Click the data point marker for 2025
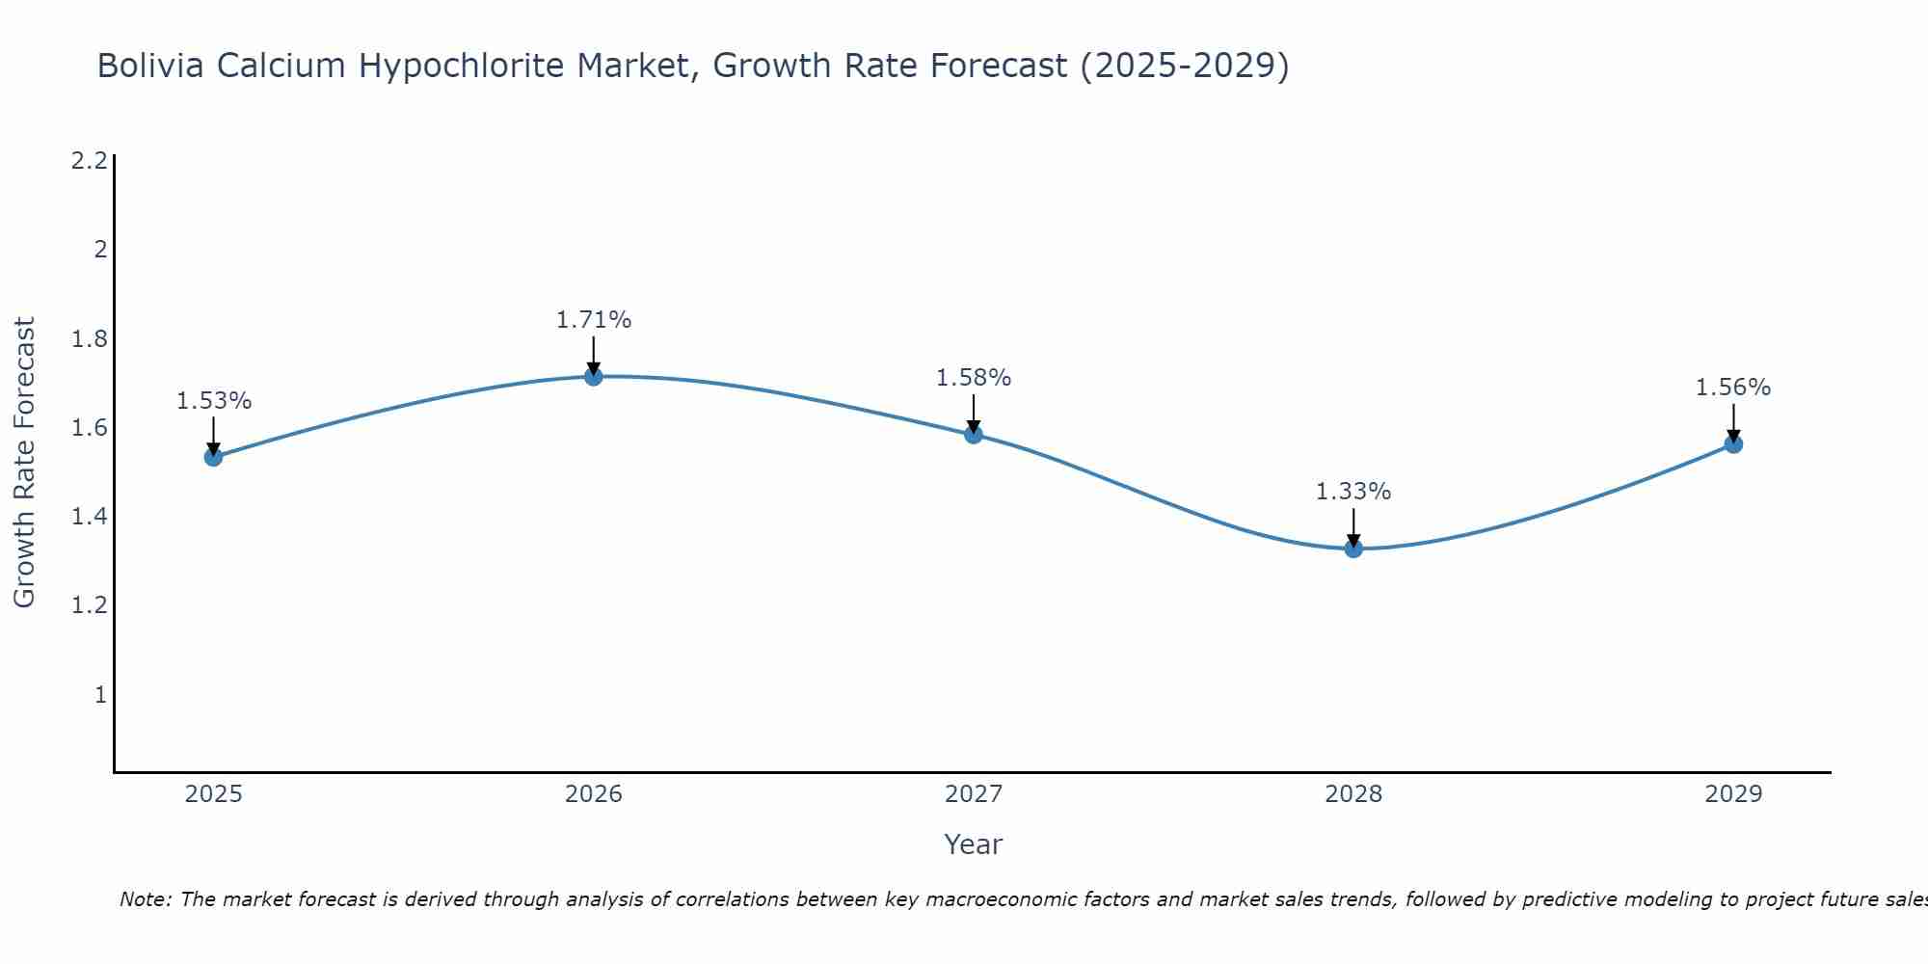click(x=213, y=457)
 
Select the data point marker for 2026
click(x=594, y=376)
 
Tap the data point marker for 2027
click(x=974, y=435)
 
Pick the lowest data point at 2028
click(x=1353, y=549)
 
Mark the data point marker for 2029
click(x=1733, y=444)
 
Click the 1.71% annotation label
click(x=594, y=320)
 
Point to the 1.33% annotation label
click(x=1353, y=492)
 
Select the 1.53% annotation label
click(x=214, y=401)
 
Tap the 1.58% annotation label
click(x=974, y=378)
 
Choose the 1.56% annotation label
click(x=1733, y=388)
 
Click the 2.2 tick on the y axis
click(x=89, y=161)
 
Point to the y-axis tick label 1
click(x=100, y=695)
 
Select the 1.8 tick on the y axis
click(x=89, y=339)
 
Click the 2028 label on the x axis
click(x=1353, y=794)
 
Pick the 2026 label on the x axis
click(x=594, y=794)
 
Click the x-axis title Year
click(x=974, y=844)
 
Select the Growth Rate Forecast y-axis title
click(x=24, y=463)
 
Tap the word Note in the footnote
click(x=145, y=899)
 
